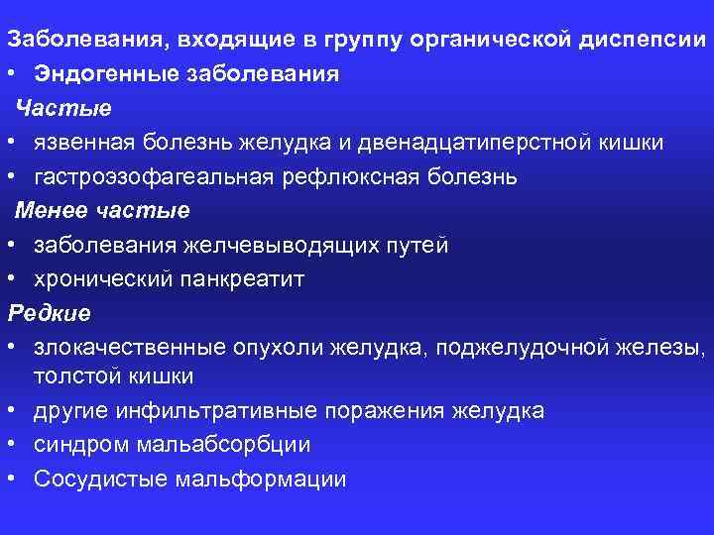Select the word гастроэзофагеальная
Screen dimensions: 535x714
[x=152, y=176]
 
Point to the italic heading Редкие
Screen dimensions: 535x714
[x=49, y=313]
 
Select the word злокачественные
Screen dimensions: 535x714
[x=129, y=348]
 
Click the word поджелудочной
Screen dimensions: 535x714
[x=526, y=348]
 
